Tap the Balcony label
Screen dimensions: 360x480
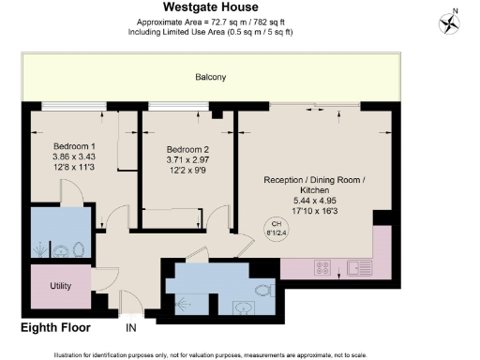click(210, 77)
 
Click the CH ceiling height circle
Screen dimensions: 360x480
click(276, 229)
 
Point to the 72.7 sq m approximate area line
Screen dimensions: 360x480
click(210, 22)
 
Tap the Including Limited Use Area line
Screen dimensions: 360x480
click(210, 32)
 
